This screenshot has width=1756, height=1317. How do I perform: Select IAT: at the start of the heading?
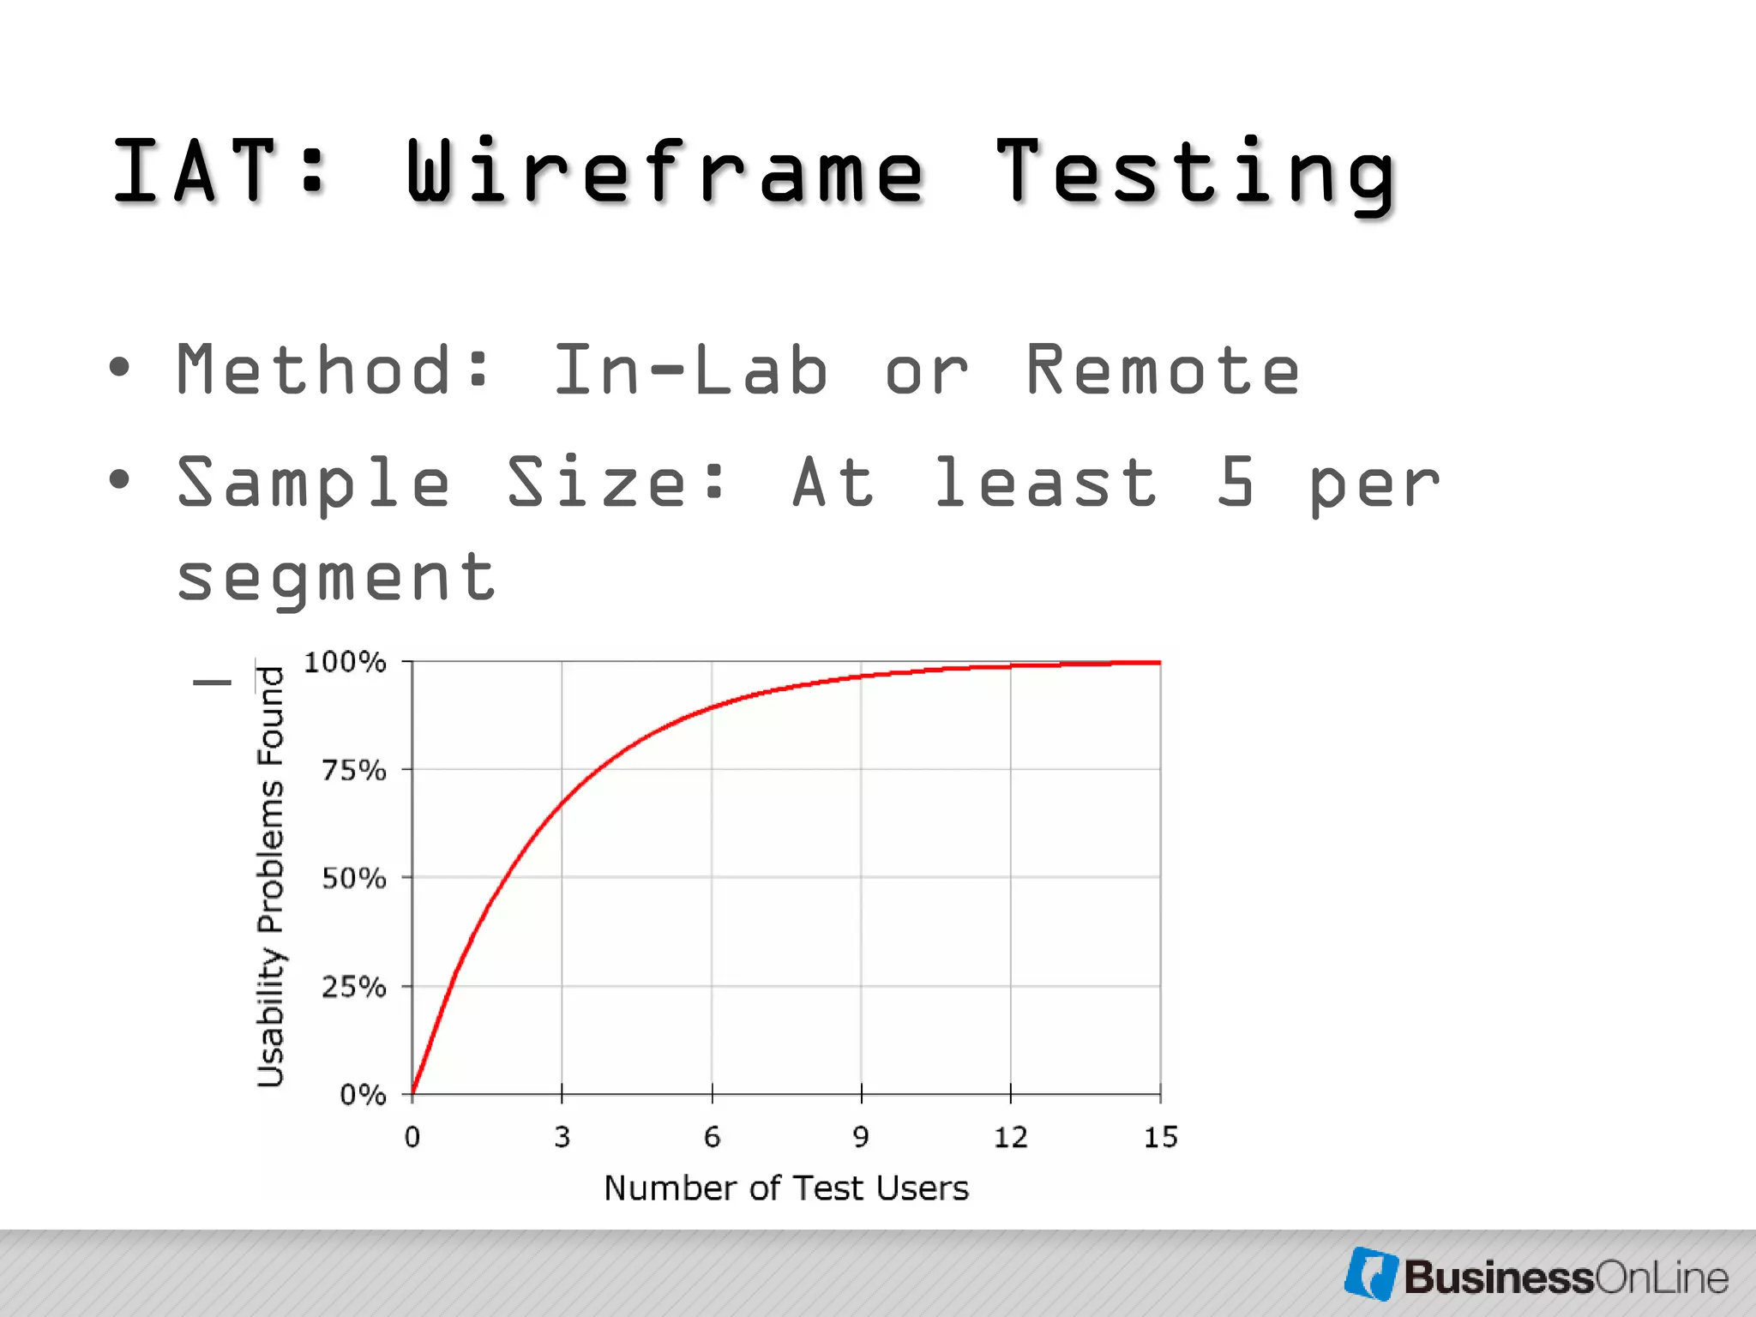click(x=219, y=171)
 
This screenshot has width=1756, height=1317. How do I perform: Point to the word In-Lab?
click(x=690, y=370)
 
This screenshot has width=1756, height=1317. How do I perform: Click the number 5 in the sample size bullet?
click(x=1236, y=482)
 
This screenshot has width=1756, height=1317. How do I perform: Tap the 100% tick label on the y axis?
click(x=345, y=662)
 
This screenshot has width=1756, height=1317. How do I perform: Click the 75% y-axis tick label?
click(x=353, y=770)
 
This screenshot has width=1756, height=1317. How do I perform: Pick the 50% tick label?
click(x=353, y=878)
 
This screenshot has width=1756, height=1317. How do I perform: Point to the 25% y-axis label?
click(x=353, y=987)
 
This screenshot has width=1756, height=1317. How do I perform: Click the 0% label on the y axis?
click(x=363, y=1095)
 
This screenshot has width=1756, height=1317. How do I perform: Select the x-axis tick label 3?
click(x=562, y=1138)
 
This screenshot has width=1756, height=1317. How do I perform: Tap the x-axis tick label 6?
click(x=712, y=1138)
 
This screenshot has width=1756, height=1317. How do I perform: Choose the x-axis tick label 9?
click(x=861, y=1138)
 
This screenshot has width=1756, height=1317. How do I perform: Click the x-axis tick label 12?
click(x=1010, y=1138)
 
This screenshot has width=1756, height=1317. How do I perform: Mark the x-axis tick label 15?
click(x=1161, y=1138)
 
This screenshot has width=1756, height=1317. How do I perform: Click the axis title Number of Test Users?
click(x=786, y=1188)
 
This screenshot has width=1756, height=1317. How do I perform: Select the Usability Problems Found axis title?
click(x=271, y=876)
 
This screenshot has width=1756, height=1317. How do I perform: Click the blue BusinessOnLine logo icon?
click(x=1370, y=1274)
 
